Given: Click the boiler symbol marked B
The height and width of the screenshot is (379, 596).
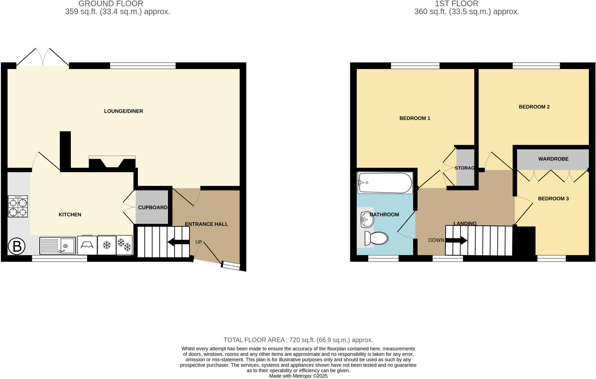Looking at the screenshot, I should [17, 246].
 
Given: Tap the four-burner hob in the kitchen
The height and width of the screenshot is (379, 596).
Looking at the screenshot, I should [18, 206].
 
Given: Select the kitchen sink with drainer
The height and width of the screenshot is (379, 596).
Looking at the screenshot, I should [58, 246].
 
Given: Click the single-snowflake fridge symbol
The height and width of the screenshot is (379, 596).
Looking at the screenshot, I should [107, 245].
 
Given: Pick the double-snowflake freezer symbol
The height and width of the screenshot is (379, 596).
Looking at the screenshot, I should [124, 245].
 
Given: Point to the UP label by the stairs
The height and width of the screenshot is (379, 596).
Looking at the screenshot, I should [198, 242].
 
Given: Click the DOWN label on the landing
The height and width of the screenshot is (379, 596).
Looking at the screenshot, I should [436, 240].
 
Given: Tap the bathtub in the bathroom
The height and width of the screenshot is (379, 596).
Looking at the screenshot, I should [385, 183].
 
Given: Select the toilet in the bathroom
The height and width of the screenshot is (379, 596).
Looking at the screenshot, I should [376, 238].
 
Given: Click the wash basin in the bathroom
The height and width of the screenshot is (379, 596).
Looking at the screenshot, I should [367, 219].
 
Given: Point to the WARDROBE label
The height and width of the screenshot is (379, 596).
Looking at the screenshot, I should [553, 159].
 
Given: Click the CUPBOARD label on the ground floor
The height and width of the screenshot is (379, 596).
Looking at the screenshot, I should [153, 207].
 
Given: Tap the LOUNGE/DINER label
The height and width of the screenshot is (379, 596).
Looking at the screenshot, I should [123, 111].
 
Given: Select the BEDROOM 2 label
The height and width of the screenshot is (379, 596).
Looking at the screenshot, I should [534, 107].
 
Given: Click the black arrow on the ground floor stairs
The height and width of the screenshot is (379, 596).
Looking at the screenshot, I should [178, 242].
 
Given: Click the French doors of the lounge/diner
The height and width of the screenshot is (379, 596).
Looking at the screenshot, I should [43, 58].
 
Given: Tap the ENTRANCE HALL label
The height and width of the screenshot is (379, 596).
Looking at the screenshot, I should [206, 224].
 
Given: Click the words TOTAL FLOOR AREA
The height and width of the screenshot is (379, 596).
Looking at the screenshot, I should [254, 340].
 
